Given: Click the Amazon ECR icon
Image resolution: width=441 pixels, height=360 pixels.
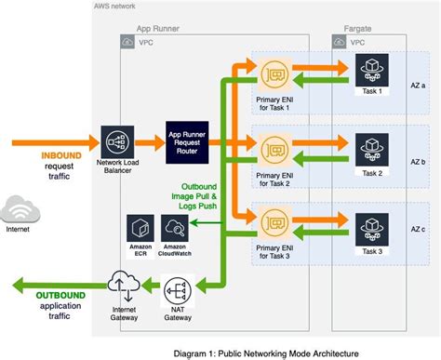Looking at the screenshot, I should (140, 227).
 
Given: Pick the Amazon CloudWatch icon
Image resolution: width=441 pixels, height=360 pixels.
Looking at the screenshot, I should (174, 227).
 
